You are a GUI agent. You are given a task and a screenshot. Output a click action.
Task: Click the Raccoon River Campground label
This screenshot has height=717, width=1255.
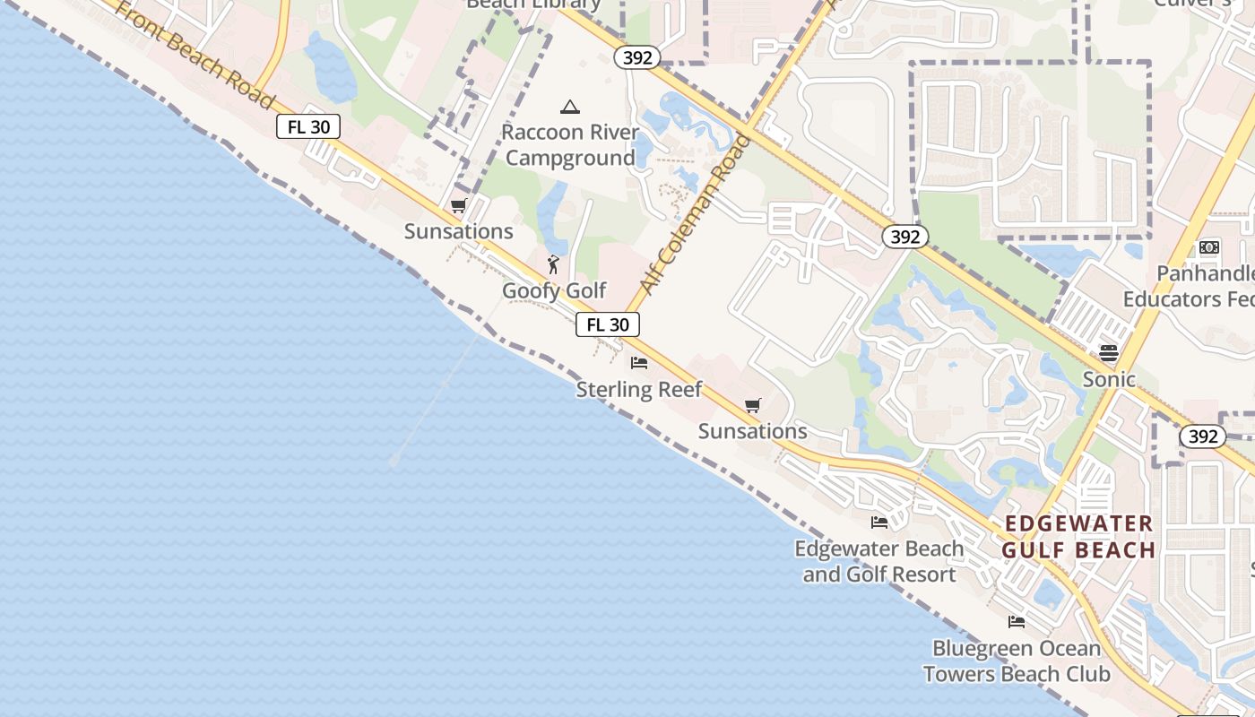pos(569,145)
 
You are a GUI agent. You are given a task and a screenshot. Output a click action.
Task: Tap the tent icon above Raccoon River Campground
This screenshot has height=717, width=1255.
pos(569,108)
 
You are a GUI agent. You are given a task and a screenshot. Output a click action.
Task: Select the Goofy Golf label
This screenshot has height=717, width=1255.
pos(554,290)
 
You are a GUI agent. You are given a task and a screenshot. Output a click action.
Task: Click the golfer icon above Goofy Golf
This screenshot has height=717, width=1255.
pos(553,264)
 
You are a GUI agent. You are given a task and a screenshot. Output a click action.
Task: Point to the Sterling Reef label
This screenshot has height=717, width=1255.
pos(639,389)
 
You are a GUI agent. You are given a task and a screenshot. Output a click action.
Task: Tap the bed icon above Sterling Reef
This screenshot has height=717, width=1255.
pos(639,363)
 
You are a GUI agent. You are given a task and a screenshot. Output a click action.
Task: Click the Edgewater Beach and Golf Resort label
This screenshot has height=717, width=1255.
pos(879,561)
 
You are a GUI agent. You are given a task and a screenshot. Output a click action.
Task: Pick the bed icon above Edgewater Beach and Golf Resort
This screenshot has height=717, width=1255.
pos(879,523)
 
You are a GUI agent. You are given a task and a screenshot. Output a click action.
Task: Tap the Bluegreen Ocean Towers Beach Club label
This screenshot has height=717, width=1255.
pos(1017,661)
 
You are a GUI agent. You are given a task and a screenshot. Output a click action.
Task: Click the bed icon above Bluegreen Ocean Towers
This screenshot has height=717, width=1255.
pos(1017,622)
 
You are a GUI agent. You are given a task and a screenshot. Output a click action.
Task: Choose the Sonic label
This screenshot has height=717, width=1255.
pos(1109,379)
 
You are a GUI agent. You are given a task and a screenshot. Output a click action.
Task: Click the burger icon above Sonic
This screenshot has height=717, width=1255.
pos(1109,353)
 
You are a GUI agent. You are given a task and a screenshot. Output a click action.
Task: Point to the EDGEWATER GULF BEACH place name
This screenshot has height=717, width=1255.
pos(1078,537)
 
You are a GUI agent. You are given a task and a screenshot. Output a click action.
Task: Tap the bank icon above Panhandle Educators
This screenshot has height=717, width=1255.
pos(1209,247)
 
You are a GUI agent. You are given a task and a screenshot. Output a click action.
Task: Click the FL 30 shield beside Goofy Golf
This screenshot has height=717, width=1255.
pos(608,324)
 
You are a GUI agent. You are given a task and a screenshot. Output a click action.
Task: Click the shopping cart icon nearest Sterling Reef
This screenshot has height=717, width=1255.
pos(753,406)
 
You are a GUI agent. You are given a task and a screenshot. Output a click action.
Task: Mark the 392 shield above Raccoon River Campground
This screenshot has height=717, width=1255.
pos(637,57)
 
